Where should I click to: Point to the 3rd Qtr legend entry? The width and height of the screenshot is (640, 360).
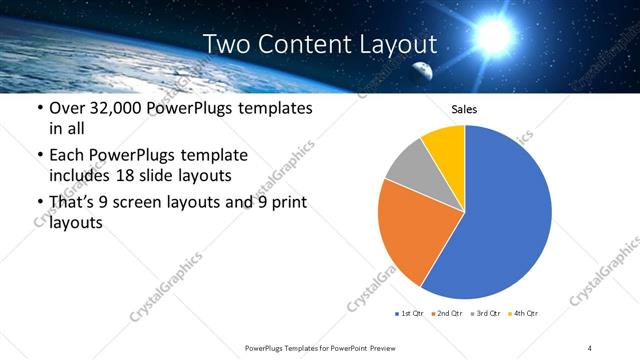[485, 314]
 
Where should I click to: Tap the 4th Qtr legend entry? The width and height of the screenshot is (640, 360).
[523, 314]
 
